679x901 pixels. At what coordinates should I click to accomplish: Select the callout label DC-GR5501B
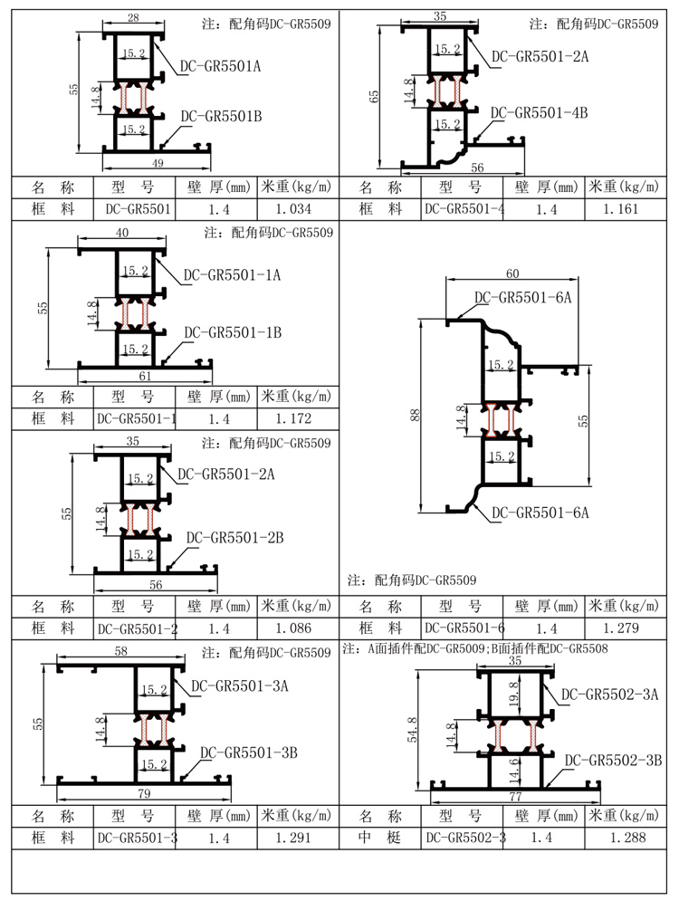pyautogui.click(x=221, y=116)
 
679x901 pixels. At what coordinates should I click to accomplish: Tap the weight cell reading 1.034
pyautogui.click(x=292, y=209)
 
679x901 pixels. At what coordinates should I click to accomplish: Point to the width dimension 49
pyautogui.click(x=158, y=163)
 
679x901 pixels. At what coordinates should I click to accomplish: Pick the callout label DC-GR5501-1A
pyautogui.click(x=233, y=274)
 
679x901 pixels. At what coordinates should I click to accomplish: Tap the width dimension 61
pyautogui.click(x=145, y=376)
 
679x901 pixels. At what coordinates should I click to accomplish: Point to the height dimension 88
pyautogui.click(x=415, y=415)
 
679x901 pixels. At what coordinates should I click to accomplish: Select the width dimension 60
pyautogui.click(x=512, y=273)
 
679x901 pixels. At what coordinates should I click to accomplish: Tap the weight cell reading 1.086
pyautogui.click(x=292, y=628)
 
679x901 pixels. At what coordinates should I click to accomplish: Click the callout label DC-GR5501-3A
pyautogui.click(x=240, y=685)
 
